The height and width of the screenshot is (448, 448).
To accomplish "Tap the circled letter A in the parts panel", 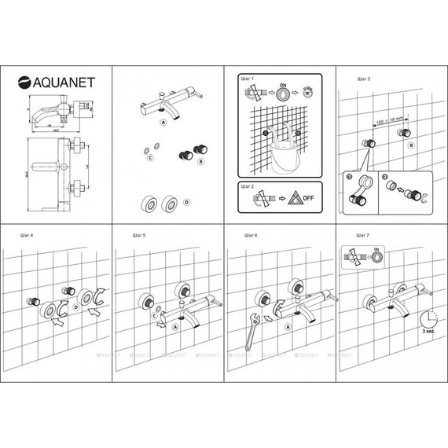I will coord(163,123).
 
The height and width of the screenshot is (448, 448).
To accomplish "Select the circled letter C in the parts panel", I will coord(149,158).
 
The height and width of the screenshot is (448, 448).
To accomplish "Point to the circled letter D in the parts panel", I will coord(186,203).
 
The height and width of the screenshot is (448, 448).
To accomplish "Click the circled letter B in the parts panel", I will coord(200,160).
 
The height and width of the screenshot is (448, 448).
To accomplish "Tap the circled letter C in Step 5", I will coord(155,307).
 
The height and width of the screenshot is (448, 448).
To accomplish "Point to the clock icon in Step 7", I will coord(428,318).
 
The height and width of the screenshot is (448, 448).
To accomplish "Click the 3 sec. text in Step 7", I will coord(428,333).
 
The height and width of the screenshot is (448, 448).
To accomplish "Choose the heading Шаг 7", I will coord(363,235).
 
